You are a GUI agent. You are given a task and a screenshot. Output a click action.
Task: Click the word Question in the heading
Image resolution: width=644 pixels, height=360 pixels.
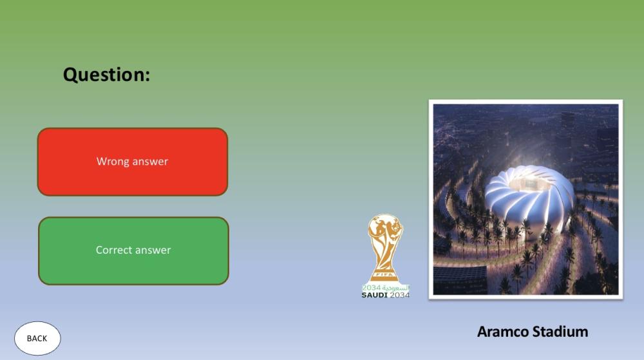pyautogui.click(x=104, y=75)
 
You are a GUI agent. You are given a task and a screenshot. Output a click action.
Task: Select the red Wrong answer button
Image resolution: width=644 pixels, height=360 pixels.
pyautogui.click(x=133, y=161)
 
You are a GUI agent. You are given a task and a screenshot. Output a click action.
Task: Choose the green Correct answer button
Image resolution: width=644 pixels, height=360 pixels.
pyautogui.click(x=133, y=251)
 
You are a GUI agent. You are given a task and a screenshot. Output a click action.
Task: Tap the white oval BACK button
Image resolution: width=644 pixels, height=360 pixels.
pyautogui.click(x=37, y=338)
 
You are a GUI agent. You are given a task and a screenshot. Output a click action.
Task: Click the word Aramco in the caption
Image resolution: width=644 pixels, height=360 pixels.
pyautogui.click(x=503, y=332)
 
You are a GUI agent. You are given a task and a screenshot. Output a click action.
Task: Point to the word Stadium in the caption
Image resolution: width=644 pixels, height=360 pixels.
pyautogui.click(x=560, y=332)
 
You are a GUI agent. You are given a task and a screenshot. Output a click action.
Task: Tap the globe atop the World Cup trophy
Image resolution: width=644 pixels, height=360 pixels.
pyautogui.click(x=386, y=227)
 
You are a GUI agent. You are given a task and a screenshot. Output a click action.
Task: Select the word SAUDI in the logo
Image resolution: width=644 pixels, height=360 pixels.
pyautogui.click(x=375, y=295)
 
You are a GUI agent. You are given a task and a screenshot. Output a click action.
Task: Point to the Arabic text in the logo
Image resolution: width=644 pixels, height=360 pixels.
pyautogui.click(x=396, y=288)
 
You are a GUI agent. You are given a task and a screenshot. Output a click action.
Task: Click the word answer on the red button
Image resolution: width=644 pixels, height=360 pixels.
pyautogui.click(x=150, y=162)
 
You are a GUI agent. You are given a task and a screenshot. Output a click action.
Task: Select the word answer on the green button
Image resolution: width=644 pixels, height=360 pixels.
pyautogui.click(x=153, y=251)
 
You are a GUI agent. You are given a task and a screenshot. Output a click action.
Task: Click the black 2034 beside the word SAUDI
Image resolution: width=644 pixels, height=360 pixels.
pyautogui.click(x=399, y=295)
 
